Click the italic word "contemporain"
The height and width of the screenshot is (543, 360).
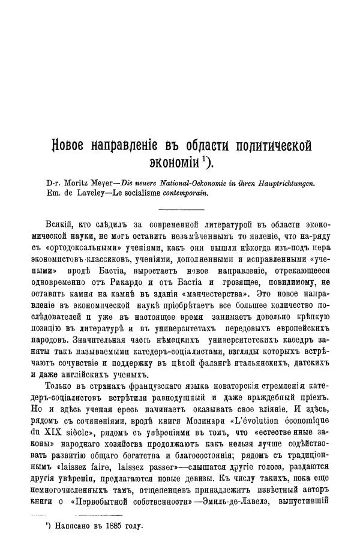tap(182, 193)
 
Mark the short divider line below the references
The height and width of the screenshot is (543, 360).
tap(180, 208)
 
